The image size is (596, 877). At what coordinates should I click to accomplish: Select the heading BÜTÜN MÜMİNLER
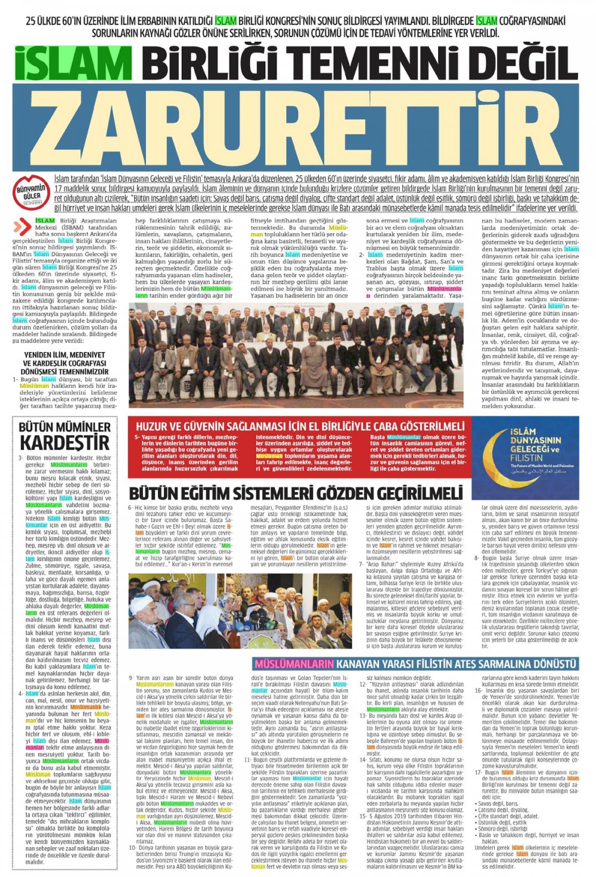(x=65, y=427)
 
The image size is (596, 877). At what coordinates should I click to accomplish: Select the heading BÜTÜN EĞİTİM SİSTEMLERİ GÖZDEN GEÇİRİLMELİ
(x=296, y=494)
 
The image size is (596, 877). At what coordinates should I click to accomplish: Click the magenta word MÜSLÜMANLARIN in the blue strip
(x=294, y=664)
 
